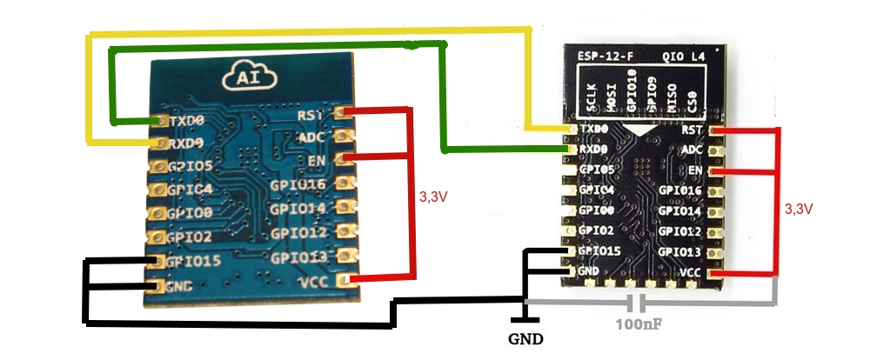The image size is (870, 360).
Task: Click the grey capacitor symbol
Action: point(639,303)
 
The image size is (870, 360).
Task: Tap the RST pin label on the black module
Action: point(693,130)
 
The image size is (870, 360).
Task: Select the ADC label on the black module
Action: point(692,150)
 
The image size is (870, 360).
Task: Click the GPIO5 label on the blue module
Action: point(191,164)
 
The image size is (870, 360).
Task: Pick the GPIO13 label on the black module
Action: point(679,252)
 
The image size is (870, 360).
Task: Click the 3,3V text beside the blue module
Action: point(434,197)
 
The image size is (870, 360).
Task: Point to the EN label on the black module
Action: point(694,170)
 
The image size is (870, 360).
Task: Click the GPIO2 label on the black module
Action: point(594,231)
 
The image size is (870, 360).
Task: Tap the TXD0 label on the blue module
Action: point(187,121)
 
